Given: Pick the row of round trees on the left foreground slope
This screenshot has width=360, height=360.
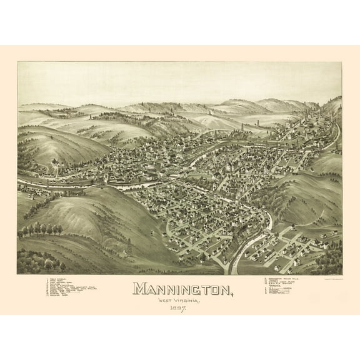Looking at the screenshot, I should pos(41,229).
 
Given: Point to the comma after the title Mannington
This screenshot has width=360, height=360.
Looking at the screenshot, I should pos(234,294).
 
